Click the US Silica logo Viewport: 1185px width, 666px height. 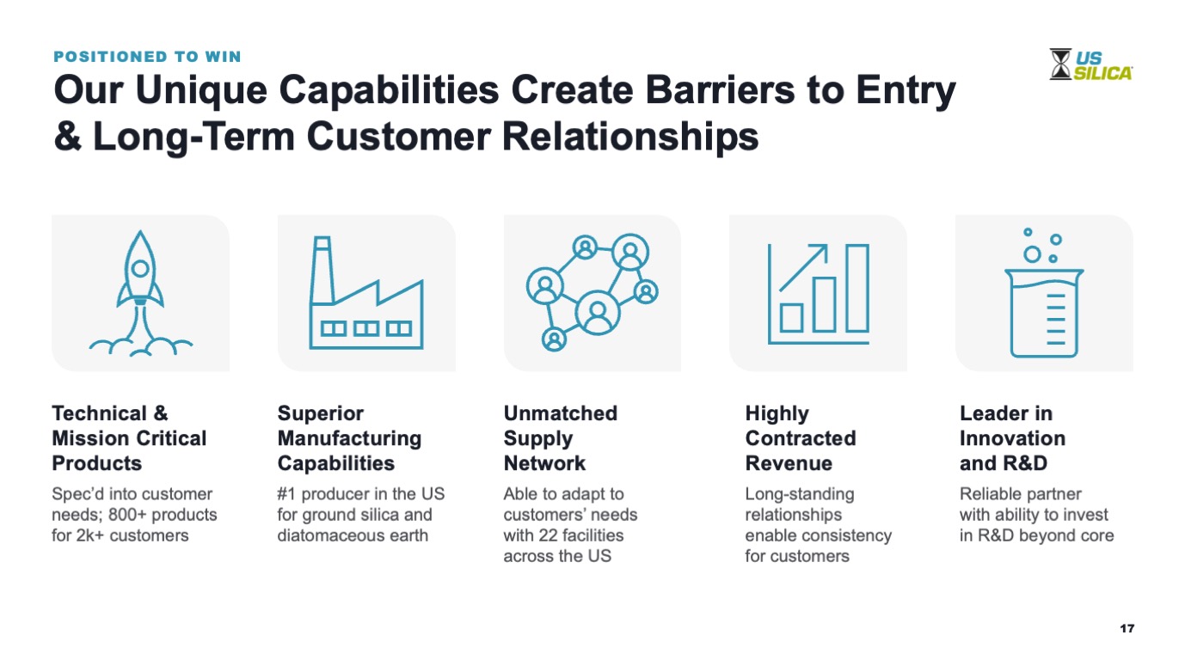point(1090,64)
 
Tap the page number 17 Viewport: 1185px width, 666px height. point(1127,628)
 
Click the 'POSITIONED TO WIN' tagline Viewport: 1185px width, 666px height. point(148,57)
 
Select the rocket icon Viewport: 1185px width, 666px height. point(140,293)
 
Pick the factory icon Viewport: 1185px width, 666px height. point(366,293)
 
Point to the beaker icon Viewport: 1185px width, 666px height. point(1044,293)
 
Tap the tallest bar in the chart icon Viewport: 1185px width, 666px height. point(857,288)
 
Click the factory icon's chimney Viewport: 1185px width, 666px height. point(322,270)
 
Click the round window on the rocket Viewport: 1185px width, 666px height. point(140,268)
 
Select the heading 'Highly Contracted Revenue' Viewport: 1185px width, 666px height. point(801,438)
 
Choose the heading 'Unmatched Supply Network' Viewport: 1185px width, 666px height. point(560,438)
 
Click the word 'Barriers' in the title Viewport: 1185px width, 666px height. point(720,90)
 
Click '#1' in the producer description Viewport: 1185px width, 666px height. point(286,493)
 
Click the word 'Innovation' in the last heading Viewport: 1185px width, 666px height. point(1012,438)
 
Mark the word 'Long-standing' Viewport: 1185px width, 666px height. point(800,494)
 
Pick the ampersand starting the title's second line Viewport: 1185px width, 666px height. point(68,137)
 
